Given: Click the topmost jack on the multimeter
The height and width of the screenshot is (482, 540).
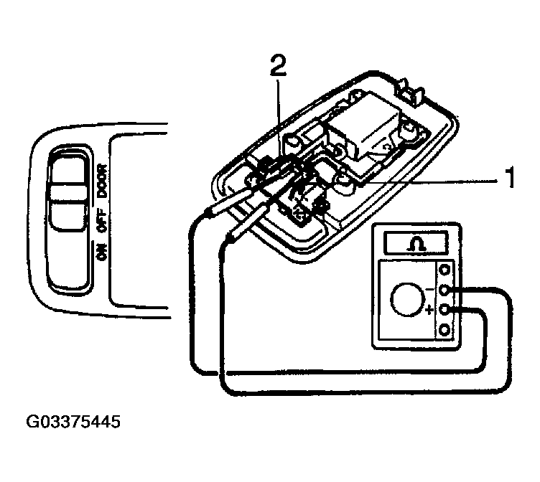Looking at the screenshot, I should coord(445,270).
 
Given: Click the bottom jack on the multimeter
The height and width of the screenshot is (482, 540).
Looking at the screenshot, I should coord(445,331).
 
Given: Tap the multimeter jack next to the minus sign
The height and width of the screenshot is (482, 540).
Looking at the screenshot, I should coord(445,290).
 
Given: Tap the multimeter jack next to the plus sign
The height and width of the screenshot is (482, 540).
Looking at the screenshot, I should coord(445,311).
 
